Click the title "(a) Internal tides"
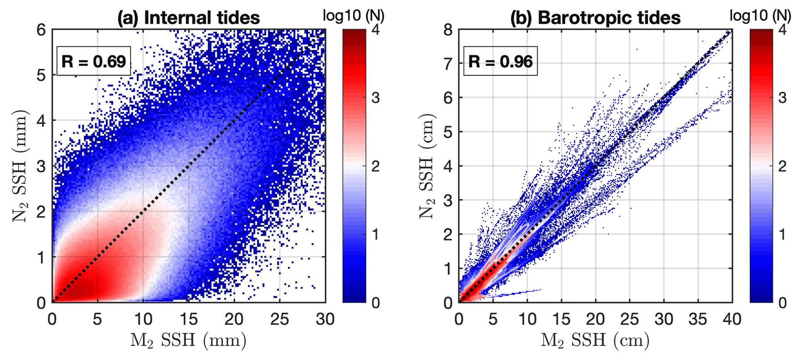(x=188, y=18)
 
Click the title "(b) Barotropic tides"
(x=595, y=18)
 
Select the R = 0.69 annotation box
(x=94, y=62)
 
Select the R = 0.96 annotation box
(x=500, y=62)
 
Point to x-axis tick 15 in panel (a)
(x=188, y=320)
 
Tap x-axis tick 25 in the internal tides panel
(x=280, y=320)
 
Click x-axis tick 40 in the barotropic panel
(x=732, y=320)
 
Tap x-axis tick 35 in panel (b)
(x=698, y=320)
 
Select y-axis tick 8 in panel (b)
(x=448, y=30)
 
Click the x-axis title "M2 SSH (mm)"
(x=188, y=341)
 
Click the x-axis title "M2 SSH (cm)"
(x=595, y=341)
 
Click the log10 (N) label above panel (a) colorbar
(x=354, y=15)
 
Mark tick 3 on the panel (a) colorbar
(x=375, y=98)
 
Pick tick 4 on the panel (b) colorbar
(x=782, y=30)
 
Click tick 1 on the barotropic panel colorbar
(x=782, y=235)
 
